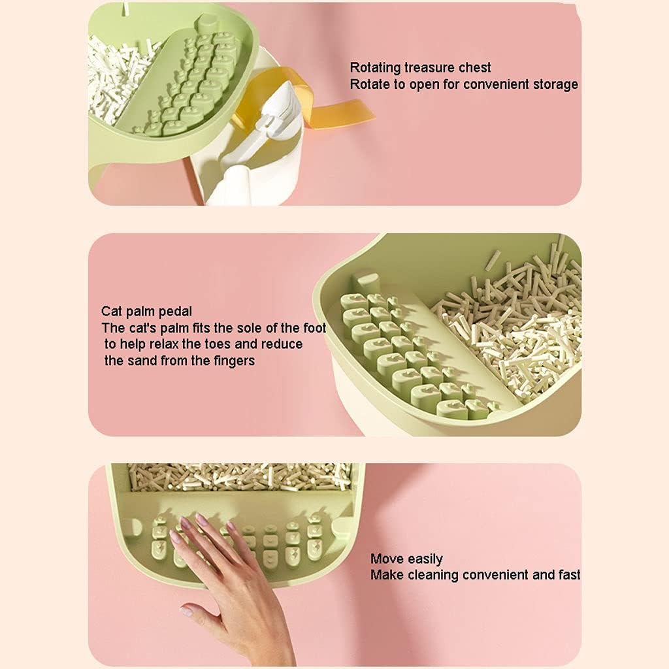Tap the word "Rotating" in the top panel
pos(375,67)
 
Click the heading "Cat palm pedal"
pos(146,311)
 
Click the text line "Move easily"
pos(406,559)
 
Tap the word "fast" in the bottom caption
pos(568,575)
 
